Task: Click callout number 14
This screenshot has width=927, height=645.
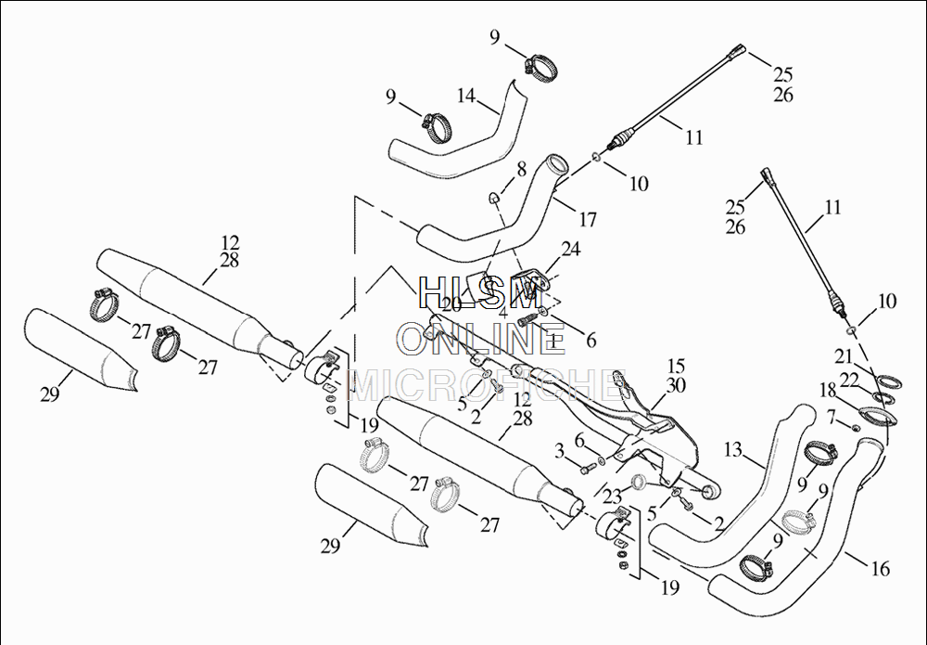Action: pos(465,96)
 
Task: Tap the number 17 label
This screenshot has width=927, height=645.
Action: pos(587,221)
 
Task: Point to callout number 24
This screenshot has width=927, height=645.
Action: pos(570,249)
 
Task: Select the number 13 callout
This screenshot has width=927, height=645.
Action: pos(733,450)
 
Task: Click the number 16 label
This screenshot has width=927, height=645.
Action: pos(880,568)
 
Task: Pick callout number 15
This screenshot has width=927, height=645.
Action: pos(676,366)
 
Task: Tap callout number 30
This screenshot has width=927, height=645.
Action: pos(676,385)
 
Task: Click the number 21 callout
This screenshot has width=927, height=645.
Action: pos(843,356)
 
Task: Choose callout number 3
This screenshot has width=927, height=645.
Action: pos(559,451)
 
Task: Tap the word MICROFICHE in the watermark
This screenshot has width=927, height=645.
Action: pos(482,381)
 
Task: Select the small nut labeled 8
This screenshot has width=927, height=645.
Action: pos(494,197)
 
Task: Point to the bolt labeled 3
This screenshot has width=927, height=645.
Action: pos(586,469)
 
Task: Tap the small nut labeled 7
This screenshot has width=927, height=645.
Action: pos(856,428)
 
